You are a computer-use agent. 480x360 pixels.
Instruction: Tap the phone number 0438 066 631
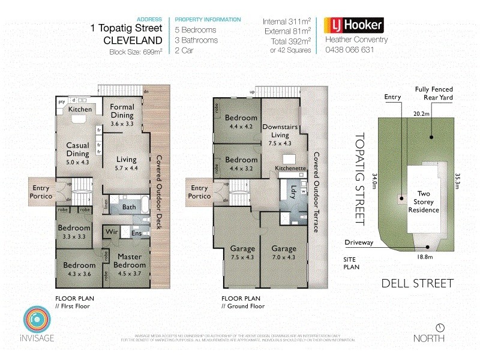349,50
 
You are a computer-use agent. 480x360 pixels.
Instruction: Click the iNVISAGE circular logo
35,320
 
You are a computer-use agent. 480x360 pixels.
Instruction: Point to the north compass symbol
441,328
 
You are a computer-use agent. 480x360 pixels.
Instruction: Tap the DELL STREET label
417,283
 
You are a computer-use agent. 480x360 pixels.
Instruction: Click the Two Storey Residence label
424,202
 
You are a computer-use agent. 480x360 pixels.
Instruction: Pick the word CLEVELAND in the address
133,41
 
